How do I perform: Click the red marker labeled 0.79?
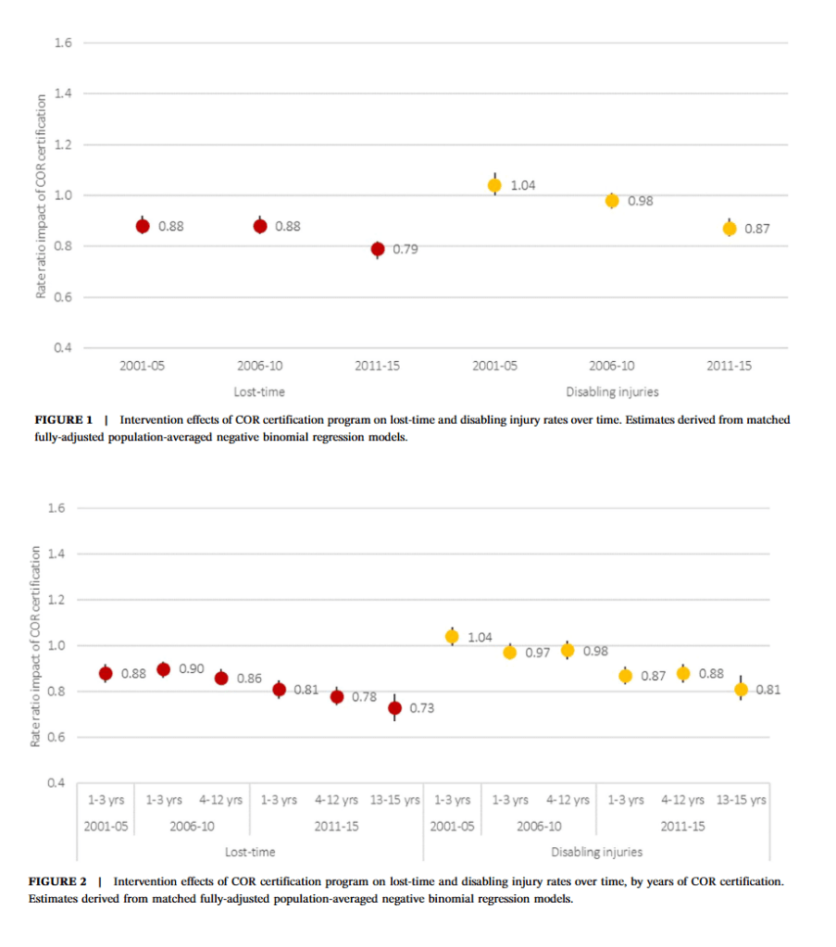click(x=378, y=249)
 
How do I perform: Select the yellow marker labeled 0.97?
click(x=509, y=653)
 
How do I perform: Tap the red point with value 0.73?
click(x=394, y=708)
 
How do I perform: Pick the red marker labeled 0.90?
click(x=164, y=669)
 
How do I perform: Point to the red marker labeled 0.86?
click(x=221, y=679)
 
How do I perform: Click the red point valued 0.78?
click(x=337, y=697)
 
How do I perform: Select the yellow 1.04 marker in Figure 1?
click(x=495, y=185)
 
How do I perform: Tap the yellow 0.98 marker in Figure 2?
click(x=568, y=651)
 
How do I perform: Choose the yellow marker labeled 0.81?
click(x=741, y=690)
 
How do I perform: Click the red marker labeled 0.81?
click(x=279, y=690)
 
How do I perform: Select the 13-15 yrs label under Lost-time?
click(x=394, y=800)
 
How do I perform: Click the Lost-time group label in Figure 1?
click(x=260, y=393)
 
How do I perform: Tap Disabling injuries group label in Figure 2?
click(x=597, y=852)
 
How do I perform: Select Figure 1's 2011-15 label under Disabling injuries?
click(x=730, y=366)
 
